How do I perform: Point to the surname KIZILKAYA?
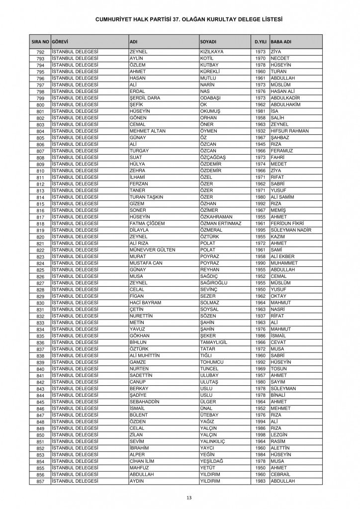[x=211, y=52]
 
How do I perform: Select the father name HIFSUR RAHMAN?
[x=290, y=131]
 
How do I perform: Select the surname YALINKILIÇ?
[x=215, y=441]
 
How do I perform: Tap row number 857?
[x=41, y=481]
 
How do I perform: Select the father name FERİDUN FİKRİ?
[x=288, y=223]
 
